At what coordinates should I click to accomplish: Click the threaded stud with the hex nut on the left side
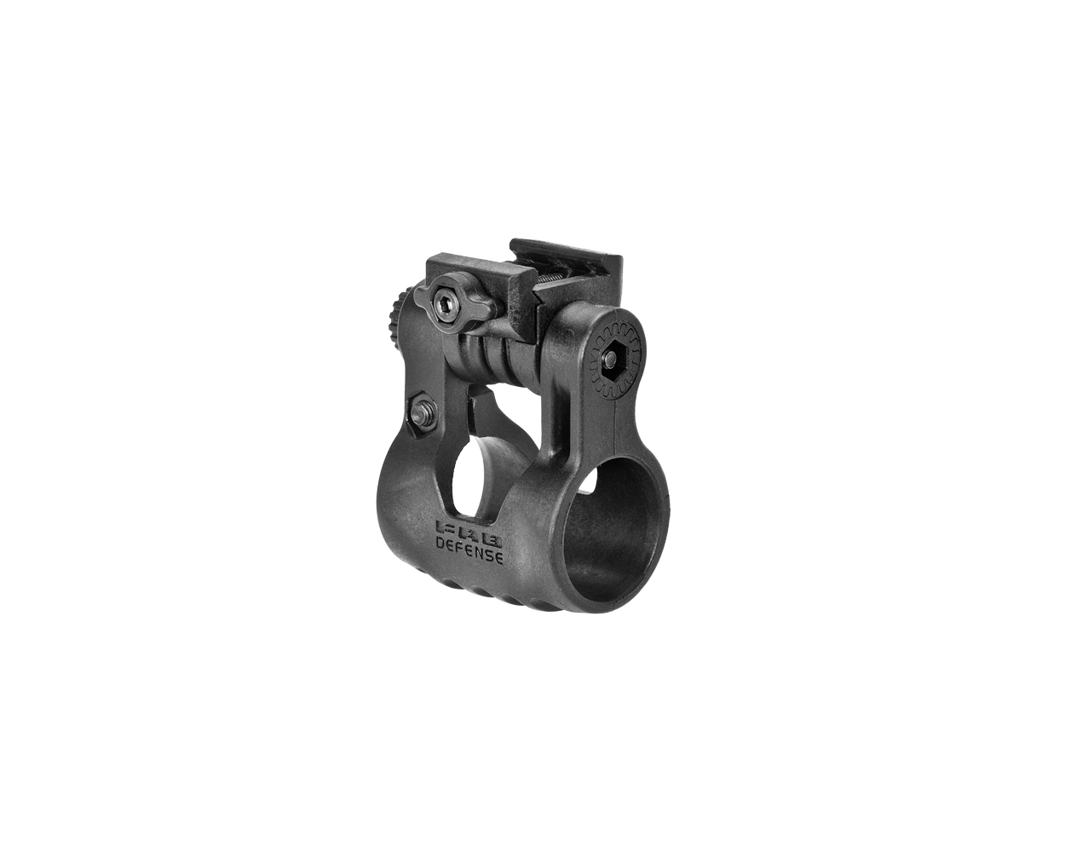pos(421,415)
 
